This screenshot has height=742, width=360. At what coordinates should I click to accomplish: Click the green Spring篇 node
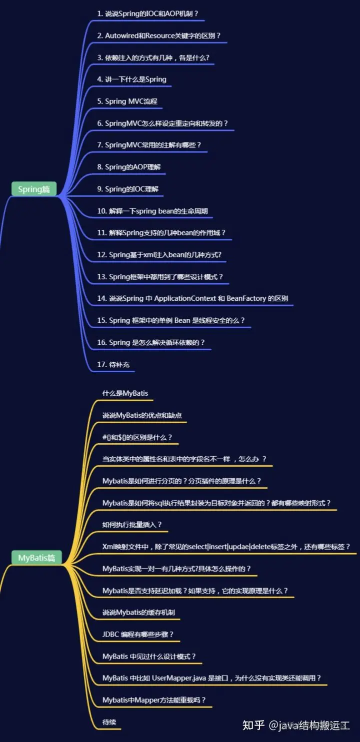click(34, 189)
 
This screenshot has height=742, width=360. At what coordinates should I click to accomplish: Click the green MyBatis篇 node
click(36, 558)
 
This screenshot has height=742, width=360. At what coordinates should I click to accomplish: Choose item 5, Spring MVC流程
click(127, 101)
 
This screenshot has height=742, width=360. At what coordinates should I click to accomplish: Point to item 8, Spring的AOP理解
click(129, 167)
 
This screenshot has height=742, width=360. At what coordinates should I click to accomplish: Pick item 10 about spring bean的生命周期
click(152, 211)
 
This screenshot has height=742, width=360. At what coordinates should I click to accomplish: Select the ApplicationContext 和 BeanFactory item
click(192, 298)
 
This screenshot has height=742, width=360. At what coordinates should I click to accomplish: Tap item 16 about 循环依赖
click(151, 342)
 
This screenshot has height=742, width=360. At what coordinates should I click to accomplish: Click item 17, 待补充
click(113, 364)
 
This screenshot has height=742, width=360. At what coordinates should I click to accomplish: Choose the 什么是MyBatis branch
click(125, 393)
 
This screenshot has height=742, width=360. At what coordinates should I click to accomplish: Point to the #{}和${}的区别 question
click(137, 437)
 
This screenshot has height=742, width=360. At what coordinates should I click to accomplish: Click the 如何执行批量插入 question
click(132, 525)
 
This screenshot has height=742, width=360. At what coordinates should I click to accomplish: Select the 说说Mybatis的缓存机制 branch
click(138, 612)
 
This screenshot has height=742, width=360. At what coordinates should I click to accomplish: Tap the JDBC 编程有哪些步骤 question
click(138, 634)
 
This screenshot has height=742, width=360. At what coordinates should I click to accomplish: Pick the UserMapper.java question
click(212, 678)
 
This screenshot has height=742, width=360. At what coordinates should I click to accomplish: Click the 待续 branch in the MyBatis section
click(109, 722)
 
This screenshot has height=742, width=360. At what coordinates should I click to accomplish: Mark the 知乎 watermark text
click(253, 725)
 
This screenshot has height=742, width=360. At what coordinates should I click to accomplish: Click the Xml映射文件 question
click(226, 547)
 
